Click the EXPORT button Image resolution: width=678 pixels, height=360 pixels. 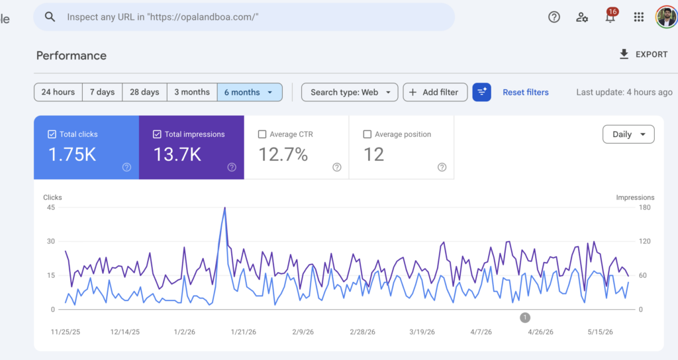click(x=644, y=54)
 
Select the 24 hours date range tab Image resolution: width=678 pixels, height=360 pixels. click(x=58, y=92)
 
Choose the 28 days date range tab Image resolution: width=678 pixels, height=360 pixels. click(x=144, y=92)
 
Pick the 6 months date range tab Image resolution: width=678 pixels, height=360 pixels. click(x=250, y=92)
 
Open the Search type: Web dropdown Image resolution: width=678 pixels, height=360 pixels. click(x=350, y=92)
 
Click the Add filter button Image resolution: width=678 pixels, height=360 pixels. click(x=435, y=92)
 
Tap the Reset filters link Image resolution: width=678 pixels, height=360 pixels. click(x=525, y=92)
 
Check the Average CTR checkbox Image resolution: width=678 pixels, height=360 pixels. click(x=262, y=134)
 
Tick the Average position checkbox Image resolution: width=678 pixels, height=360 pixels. click(x=367, y=134)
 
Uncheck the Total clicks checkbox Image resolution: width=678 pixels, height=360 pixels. click(x=52, y=134)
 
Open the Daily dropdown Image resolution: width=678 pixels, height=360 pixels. click(x=628, y=134)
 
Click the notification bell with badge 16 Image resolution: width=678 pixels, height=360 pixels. click(x=610, y=17)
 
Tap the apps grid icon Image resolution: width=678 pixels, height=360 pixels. click(x=639, y=17)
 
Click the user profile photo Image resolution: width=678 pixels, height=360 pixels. click(x=666, y=17)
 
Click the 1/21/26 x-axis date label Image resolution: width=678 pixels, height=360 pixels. click(x=244, y=332)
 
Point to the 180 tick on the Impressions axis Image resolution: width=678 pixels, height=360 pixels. click(x=644, y=207)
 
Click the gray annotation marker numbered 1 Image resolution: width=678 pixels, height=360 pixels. click(x=525, y=318)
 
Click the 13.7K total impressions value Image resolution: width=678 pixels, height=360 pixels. click(x=177, y=154)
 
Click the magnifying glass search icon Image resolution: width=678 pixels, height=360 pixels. click(x=50, y=17)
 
